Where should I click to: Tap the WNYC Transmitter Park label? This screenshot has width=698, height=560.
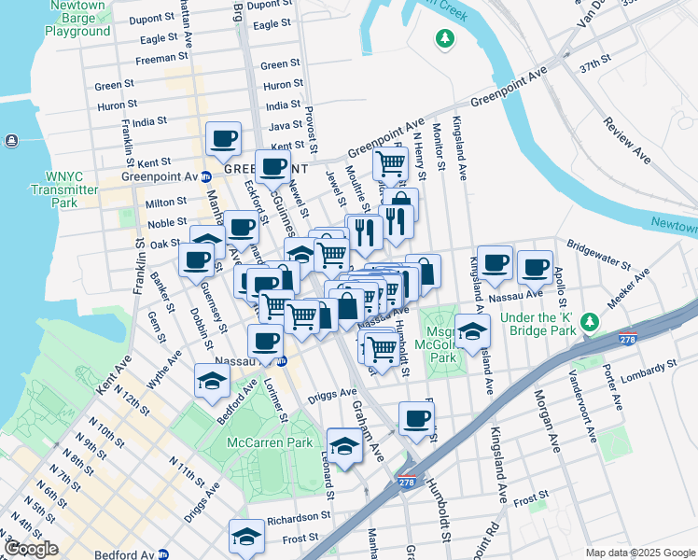71,183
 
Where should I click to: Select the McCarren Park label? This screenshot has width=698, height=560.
273,442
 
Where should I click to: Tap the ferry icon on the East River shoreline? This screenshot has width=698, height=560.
10,141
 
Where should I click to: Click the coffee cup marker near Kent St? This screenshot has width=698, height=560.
223,139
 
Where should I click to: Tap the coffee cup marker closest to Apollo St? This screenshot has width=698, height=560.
536,268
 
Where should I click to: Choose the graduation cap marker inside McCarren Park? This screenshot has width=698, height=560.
344,444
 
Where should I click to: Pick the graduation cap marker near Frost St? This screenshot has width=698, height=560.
246,536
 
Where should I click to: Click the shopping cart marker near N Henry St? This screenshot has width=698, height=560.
390,164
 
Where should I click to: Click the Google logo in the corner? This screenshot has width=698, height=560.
32,549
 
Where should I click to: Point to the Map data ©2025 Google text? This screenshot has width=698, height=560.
639,553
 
